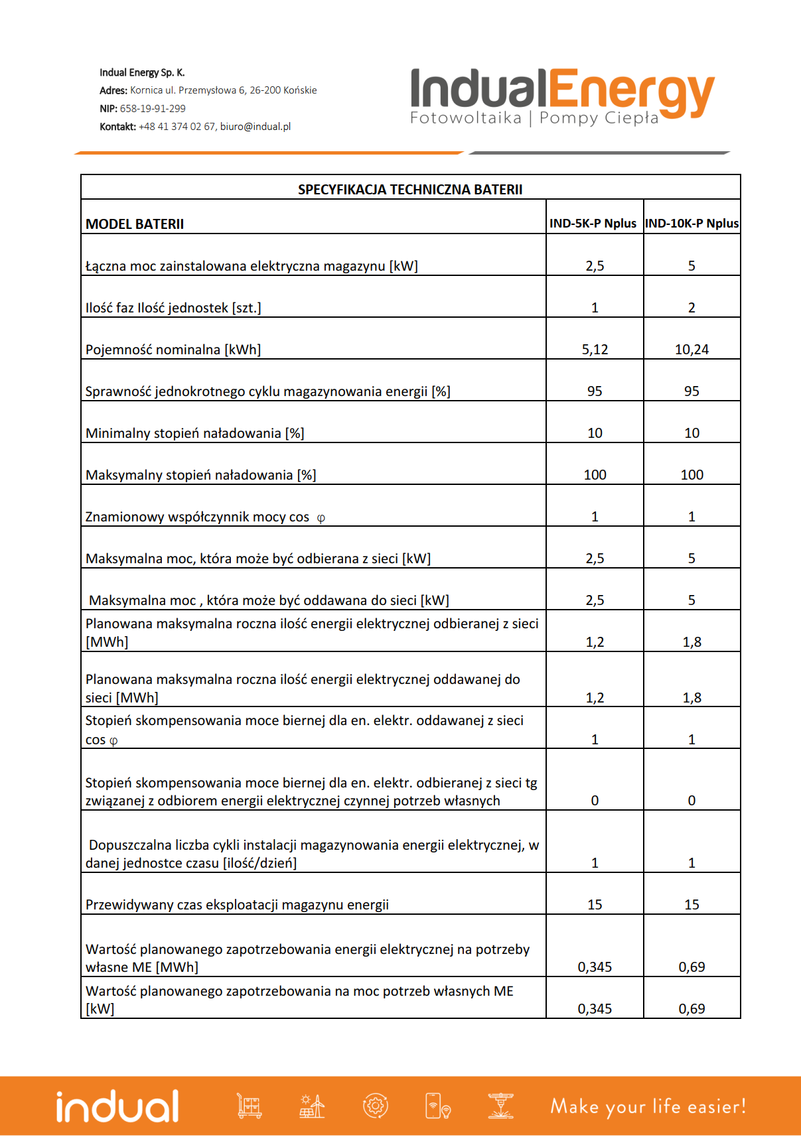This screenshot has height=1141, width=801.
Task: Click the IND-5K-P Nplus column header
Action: click(x=593, y=224)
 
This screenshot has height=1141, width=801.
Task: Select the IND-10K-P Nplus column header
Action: click(x=692, y=224)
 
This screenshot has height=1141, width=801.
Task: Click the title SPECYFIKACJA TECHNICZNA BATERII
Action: click(x=410, y=190)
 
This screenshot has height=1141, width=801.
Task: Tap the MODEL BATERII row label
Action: click(x=135, y=224)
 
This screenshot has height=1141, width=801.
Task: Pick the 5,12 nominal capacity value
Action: click(x=595, y=350)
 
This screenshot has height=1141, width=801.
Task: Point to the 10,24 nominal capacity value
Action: click(x=692, y=350)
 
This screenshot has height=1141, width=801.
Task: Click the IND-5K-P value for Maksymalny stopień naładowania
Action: click(x=595, y=475)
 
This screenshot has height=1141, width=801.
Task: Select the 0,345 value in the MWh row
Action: click(x=595, y=967)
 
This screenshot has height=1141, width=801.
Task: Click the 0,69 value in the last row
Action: click(x=692, y=1009)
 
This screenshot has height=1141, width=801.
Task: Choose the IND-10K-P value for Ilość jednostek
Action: click(x=692, y=308)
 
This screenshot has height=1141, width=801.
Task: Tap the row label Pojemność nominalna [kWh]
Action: click(x=173, y=350)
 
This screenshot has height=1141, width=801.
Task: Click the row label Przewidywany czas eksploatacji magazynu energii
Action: click(x=237, y=905)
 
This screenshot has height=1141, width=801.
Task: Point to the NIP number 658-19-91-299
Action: click(x=153, y=108)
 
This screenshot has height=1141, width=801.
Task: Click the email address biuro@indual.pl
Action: click(x=255, y=126)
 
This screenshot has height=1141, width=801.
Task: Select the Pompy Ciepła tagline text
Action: click(x=599, y=118)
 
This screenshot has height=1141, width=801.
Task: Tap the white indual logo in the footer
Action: click(x=117, y=1106)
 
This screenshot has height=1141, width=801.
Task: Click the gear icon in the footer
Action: click(x=375, y=1106)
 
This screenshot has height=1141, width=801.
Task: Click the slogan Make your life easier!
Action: click(x=648, y=1107)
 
